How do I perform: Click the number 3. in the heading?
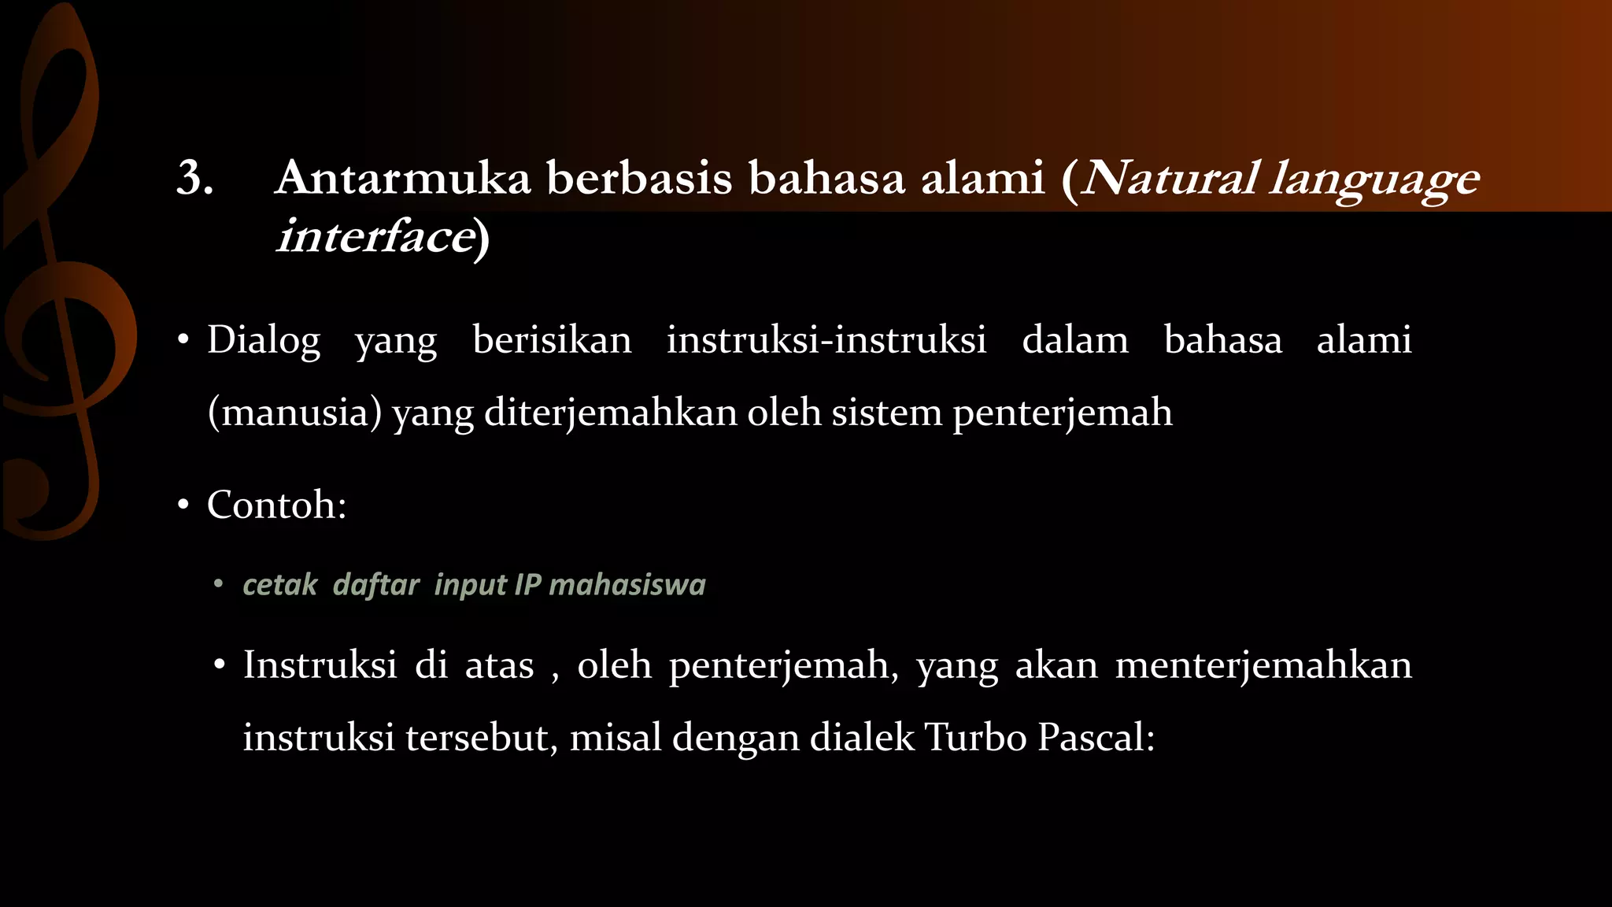195,178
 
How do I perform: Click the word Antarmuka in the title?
403,178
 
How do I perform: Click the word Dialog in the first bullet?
264,341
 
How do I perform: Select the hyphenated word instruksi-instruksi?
826,341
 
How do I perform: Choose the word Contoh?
276,505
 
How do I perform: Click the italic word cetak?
279,585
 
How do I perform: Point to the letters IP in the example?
527,585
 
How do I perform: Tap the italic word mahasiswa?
627,585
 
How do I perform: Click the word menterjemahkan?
1263,665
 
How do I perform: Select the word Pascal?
1096,739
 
